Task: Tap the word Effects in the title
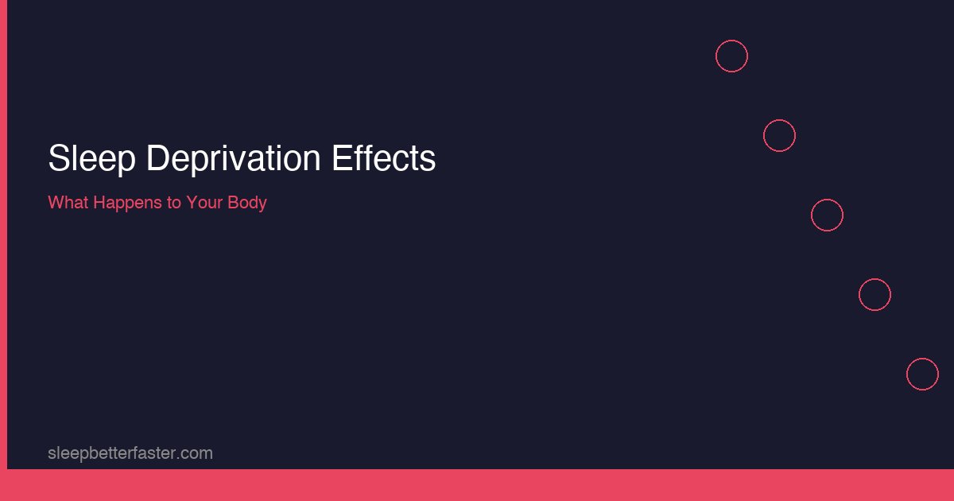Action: [x=383, y=159]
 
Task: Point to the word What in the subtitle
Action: [x=68, y=202]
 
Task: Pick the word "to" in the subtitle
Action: [x=173, y=202]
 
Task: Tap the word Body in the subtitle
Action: [x=248, y=202]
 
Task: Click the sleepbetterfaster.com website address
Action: [x=130, y=453]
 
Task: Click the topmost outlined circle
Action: [x=731, y=56]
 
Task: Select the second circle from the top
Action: [x=779, y=136]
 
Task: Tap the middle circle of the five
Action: [x=827, y=216]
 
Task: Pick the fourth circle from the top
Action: [x=874, y=295]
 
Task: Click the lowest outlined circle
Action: [x=922, y=375]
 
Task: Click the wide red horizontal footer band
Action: [x=477, y=485]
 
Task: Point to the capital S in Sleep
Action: [x=57, y=159]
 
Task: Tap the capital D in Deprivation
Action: [x=156, y=159]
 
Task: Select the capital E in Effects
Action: [x=340, y=159]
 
